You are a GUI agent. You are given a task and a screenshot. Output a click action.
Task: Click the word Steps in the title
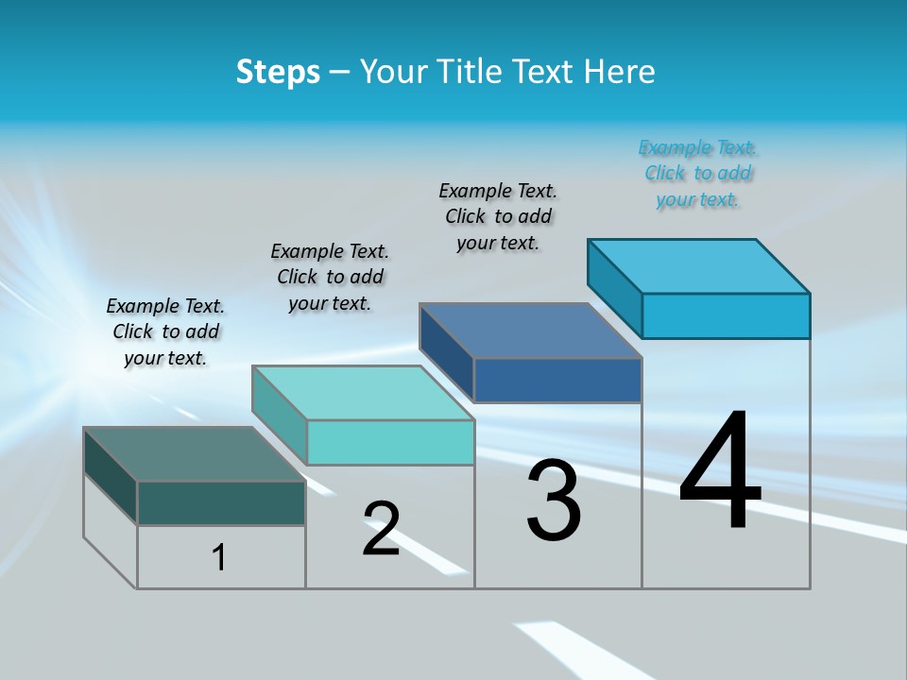tap(278, 72)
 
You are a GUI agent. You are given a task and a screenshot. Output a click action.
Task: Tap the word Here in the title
tap(621, 72)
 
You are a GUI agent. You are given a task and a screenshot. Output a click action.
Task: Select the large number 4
tap(720, 472)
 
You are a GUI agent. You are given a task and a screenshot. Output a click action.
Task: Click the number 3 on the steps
tap(554, 501)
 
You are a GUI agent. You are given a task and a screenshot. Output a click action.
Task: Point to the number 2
tap(381, 529)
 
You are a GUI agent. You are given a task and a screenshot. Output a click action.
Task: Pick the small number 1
tap(219, 557)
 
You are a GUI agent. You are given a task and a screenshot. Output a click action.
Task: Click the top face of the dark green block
tap(194, 453)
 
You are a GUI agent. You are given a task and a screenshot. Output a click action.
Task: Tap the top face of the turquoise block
tap(362, 392)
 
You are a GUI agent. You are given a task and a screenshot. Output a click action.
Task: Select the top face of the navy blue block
tap(530, 331)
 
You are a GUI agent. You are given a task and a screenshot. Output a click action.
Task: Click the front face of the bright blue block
tap(726, 315)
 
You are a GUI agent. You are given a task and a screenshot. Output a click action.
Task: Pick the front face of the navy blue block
tap(557, 380)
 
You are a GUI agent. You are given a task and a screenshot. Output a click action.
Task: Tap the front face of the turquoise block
tap(390, 442)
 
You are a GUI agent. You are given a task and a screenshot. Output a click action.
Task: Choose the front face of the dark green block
tap(221, 502)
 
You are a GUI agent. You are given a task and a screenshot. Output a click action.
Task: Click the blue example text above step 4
tap(697, 174)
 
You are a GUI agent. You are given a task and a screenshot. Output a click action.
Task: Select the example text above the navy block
tap(498, 217)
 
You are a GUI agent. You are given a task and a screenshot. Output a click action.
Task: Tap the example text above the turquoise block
tap(330, 278)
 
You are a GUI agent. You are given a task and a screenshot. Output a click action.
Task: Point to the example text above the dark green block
tap(165, 332)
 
